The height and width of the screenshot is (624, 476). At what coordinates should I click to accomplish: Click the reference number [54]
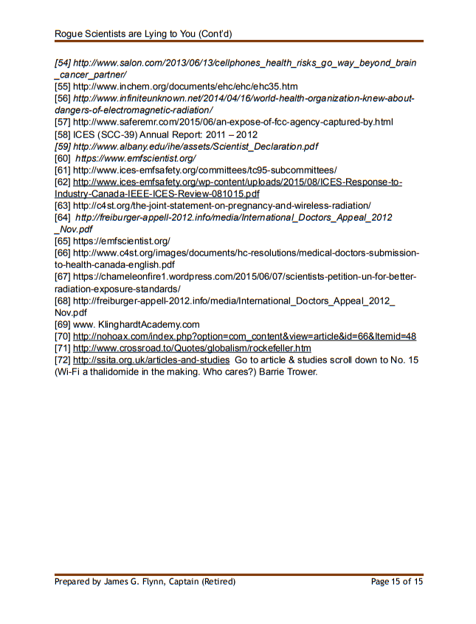click(x=63, y=64)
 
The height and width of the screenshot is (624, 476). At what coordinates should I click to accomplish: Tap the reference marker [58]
click(x=63, y=134)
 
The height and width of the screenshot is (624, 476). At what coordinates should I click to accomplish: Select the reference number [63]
click(x=63, y=205)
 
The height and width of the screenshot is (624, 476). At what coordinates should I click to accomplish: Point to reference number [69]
click(x=63, y=324)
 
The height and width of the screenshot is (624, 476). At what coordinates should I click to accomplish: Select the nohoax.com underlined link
click(x=244, y=336)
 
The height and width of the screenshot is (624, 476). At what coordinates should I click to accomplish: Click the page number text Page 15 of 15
click(x=397, y=582)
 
